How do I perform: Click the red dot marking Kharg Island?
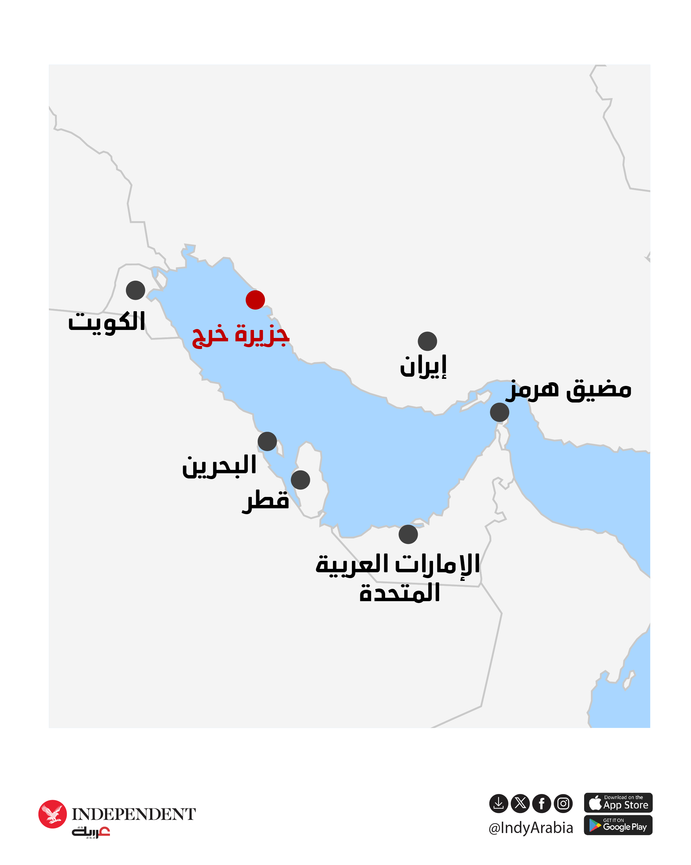[x=255, y=300]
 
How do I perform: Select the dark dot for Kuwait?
[x=135, y=290]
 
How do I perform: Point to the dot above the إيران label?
[x=427, y=341]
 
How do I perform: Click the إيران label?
[x=423, y=366]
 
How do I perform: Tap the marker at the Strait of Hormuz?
[x=499, y=412]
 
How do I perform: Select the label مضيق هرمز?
[x=568, y=389]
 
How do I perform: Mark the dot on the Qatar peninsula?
[x=301, y=480]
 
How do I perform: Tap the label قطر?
[x=266, y=500]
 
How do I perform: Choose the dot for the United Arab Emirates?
[x=408, y=534]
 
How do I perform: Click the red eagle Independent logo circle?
[x=53, y=814]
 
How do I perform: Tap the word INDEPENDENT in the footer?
[x=134, y=814]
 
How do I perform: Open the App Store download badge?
[x=618, y=803]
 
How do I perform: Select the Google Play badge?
[x=618, y=825]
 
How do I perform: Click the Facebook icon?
[x=541, y=803]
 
